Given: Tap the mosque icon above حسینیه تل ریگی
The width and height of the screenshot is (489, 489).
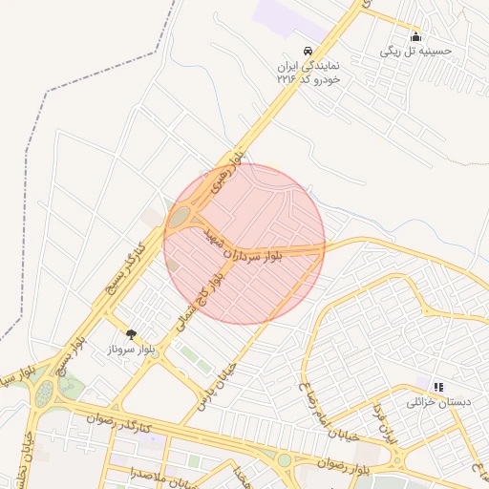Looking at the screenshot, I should [415, 37].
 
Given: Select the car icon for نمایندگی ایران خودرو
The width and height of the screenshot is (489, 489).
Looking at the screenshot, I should [307, 51].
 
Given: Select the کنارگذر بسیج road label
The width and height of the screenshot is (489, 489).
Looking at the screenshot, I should [126, 270].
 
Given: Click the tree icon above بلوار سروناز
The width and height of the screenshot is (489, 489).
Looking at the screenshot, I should [131, 334].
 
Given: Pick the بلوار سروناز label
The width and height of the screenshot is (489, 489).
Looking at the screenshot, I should [132, 350].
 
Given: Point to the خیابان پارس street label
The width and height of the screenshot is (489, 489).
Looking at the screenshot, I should [215, 390].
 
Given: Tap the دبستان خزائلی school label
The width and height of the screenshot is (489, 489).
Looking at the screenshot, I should [439, 402].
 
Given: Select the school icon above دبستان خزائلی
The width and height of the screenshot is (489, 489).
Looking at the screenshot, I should [438, 387].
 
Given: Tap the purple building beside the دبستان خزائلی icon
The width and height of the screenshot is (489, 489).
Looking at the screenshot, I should [422, 384].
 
